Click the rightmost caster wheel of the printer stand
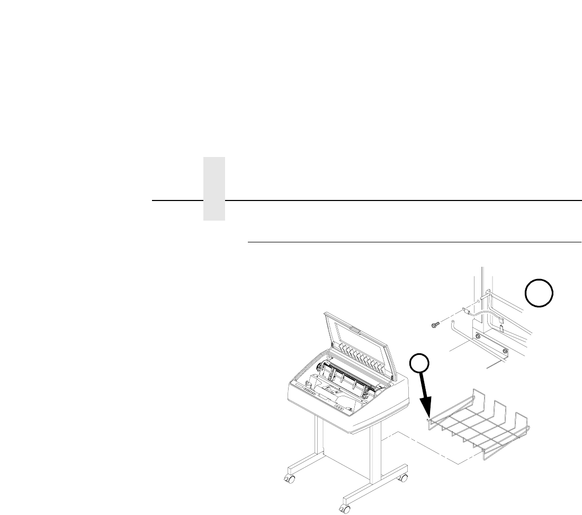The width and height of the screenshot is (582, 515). [x=403, y=477]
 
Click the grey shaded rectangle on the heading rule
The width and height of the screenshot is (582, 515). [x=213, y=188]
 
